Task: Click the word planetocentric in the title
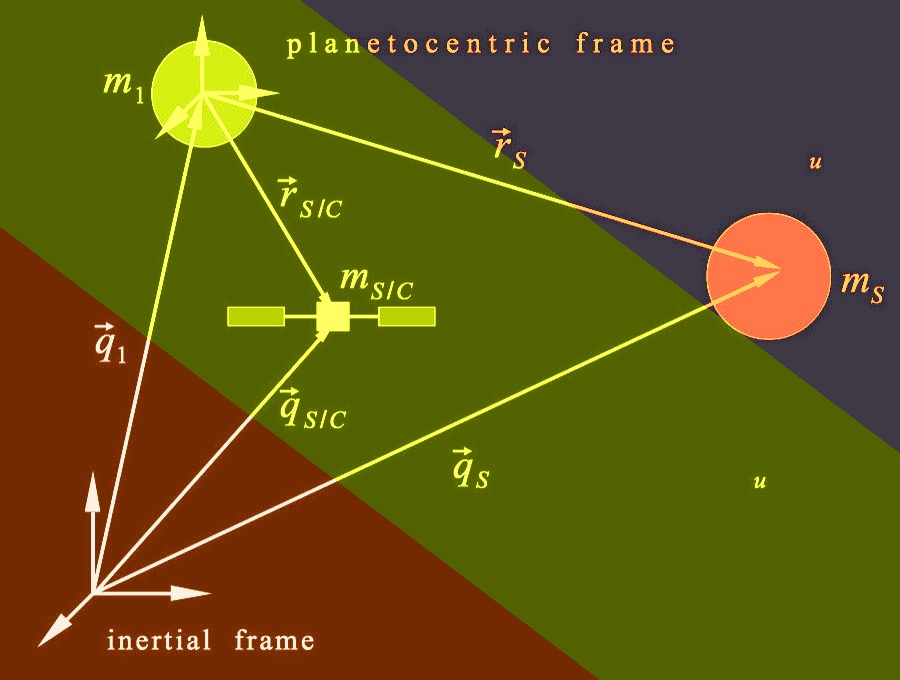[x=419, y=45]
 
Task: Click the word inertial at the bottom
[x=159, y=640]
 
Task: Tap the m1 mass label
[x=123, y=87]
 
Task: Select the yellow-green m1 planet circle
[x=204, y=94]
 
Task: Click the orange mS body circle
[x=769, y=276]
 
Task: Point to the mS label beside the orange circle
[x=862, y=285]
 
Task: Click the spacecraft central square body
[x=333, y=317]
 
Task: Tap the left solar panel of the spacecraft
[x=256, y=316]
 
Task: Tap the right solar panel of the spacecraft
[x=407, y=316]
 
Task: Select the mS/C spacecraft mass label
[x=377, y=283]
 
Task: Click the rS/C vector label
[x=310, y=199]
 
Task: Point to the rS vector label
[x=509, y=149]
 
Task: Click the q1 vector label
[x=110, y=343]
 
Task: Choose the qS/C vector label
[x=312, y=409]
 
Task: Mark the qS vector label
[x=471, y=468]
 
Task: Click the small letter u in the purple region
[x=815, y=163]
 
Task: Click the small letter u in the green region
[x=759, y=481]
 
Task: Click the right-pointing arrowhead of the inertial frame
[x=191, y=593]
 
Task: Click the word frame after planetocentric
[x=626, y=44]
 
